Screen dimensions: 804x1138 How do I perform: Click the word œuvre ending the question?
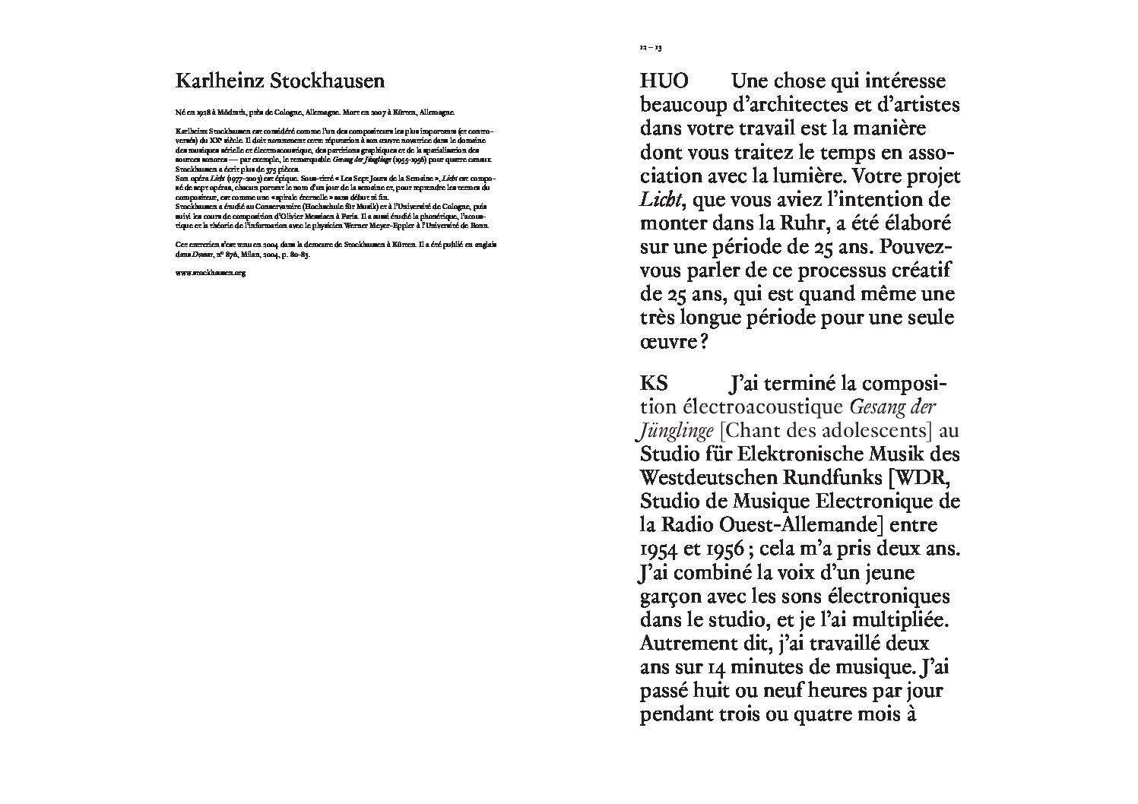tap(667, 342)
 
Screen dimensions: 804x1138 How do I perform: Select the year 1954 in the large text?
tap(659, 549)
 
